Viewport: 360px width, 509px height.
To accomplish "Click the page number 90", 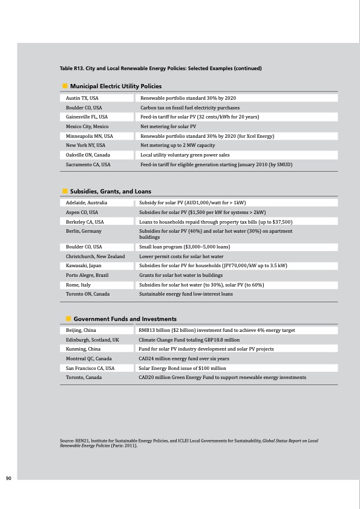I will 8,479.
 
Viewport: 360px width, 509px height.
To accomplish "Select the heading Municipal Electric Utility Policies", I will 116,86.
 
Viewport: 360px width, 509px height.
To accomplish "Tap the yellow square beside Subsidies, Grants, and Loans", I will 64,191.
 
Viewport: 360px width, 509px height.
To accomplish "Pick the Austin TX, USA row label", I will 82,98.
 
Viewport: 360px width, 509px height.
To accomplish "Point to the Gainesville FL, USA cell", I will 87,117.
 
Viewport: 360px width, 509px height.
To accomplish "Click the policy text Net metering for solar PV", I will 168,126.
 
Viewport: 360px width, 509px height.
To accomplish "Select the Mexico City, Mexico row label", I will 87,126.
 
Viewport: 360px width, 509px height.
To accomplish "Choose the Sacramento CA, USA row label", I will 88,164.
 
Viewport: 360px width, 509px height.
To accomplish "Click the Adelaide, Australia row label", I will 87,203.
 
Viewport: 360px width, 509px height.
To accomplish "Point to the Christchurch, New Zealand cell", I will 96,256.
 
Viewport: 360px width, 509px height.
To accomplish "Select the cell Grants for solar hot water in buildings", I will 181,275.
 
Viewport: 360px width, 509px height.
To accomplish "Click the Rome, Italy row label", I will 79,285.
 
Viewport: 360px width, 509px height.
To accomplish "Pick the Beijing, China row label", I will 81,331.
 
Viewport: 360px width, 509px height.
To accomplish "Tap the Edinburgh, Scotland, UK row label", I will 93,340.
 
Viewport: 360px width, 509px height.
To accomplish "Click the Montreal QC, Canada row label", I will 89,358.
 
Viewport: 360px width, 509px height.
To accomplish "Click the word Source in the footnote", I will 68,441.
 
